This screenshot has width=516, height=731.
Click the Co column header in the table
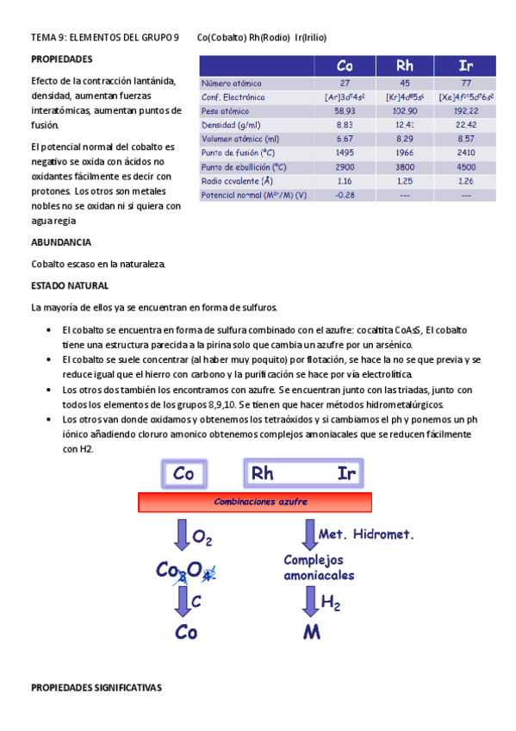pos(345,66)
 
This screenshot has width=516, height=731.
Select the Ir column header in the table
pos(466,66)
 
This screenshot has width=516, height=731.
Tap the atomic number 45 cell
pos(405,83)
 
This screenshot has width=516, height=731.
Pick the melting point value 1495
pos(345,153)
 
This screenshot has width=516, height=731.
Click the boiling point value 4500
pos(466,166)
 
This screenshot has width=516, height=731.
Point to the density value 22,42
pos(466,125)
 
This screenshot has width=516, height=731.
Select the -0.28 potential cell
pos(345,195)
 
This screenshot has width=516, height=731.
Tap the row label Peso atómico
pos(224,111)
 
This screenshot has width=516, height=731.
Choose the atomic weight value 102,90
pos(405,111)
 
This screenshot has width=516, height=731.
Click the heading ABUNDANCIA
pos(60,242)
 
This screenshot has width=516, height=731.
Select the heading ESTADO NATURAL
pos(69,285)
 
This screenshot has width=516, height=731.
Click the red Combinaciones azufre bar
pos(255,503)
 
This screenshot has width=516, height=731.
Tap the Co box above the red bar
pos(183,473)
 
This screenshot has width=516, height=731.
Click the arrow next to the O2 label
pos(183,535)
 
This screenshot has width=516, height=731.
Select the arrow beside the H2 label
pos(310,601)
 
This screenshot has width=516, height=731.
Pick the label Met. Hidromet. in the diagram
pos(366,534)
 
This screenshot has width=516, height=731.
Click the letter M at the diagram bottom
pos(312,634)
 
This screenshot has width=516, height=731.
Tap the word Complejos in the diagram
pos(314,559)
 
